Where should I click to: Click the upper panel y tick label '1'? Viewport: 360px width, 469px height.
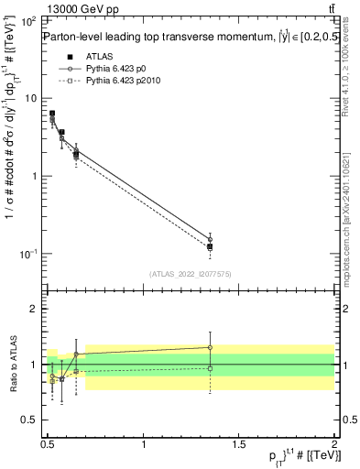pos(37,175)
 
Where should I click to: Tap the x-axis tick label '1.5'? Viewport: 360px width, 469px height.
pos(239,443)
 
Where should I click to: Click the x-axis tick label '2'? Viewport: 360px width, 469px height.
pos(334,443)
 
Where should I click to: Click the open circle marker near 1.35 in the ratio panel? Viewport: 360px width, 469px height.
pos(211,347)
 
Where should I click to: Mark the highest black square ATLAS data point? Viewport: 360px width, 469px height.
pos(52,114)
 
